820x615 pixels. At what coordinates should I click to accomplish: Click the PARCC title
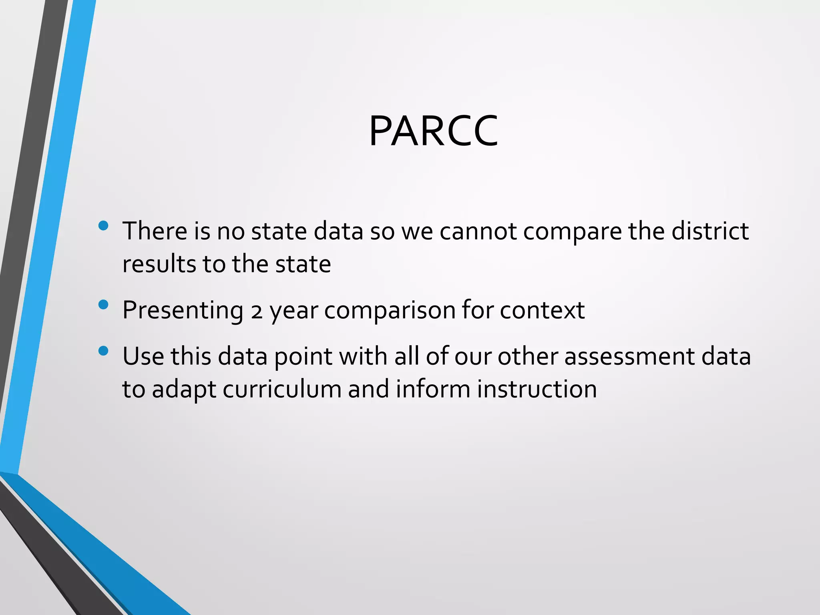pyautogui.click(x=433, y=131)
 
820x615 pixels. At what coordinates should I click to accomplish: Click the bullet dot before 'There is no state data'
pyautogui.click(x=103, y=226)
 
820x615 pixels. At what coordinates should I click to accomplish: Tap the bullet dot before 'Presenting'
pyautogui.click(x=103, y=305)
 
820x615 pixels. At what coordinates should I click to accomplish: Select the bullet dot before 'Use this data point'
pyautogui.click(x=103, y=351)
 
